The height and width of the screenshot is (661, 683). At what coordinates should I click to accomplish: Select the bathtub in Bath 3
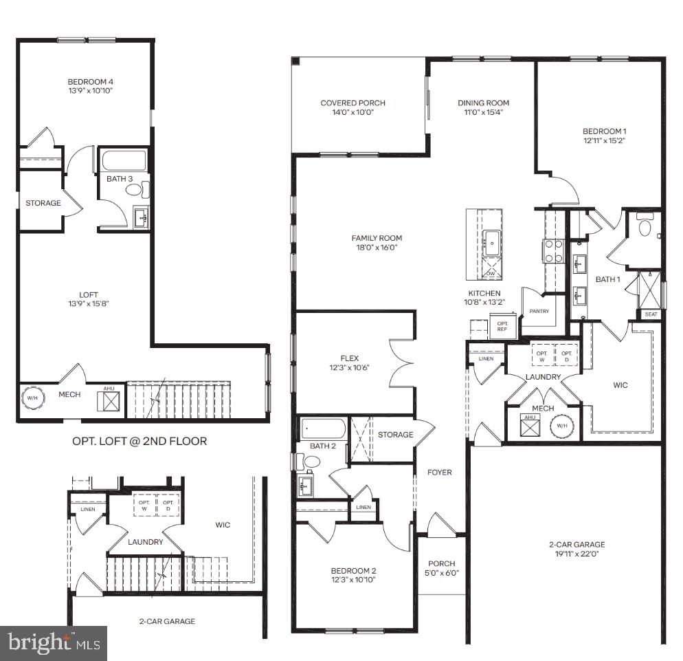coord(124,161)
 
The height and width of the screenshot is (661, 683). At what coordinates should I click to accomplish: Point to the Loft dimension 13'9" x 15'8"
coord(85,305)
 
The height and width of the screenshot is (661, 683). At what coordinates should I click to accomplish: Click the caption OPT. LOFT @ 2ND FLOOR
coord(139,441)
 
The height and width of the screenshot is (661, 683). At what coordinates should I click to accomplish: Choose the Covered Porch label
coord(352,103)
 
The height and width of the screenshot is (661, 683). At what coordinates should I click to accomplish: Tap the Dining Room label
coord(484,103)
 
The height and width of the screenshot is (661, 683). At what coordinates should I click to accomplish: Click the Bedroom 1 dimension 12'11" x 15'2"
coord(604,140)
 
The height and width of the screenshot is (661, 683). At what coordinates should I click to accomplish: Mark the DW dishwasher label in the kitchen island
coord(490,273)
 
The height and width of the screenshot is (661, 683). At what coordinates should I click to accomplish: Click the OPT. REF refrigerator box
coord(502,325)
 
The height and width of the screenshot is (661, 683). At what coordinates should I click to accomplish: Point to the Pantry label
coord(539,312)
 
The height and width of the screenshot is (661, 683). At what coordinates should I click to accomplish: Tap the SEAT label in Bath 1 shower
coord(650,314)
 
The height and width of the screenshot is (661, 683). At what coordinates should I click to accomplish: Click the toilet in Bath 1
coord(645,226)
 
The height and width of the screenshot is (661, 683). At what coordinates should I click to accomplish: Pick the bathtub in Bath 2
coord(323,430)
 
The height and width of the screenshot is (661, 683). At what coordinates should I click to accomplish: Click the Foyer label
coord(440,472)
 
